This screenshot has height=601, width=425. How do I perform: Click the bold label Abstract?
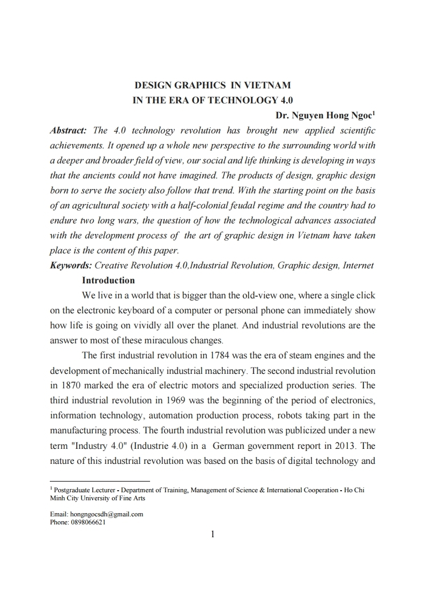pyautogui.click(x=68, y=131)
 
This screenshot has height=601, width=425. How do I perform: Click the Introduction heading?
pyautogui.click(x=108, y=280)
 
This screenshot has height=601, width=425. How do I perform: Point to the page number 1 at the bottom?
pyautogui.click(x=213, y=534)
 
